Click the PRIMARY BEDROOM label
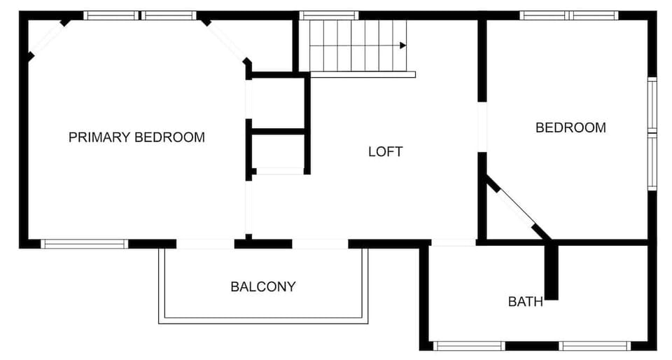(136, 137)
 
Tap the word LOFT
(386, 151)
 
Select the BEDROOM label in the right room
(570, 127)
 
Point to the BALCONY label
(263, 286)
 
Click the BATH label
(525, 302)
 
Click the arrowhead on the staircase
(402, 46)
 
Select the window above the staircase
(329, 15)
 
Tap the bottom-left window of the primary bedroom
(85, 244)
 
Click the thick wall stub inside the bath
(552, 271)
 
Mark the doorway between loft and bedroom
(482, 127)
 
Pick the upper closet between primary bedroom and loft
(277, 102)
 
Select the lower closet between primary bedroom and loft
(277, 151)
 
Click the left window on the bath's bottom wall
(468, 345)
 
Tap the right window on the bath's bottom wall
(596, 345)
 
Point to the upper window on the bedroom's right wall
(652, 105)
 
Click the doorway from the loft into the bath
(453, 242)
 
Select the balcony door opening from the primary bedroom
(205, 244)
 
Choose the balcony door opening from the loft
(320, 244)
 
